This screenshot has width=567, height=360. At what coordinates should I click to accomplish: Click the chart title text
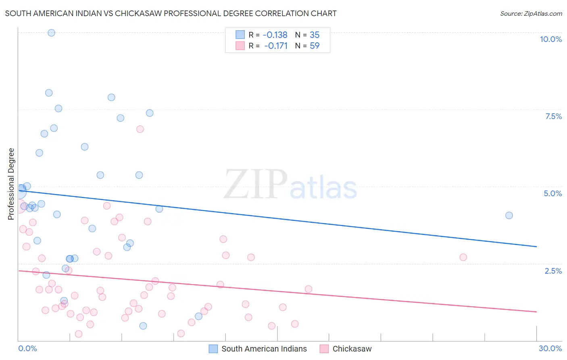(171, 13)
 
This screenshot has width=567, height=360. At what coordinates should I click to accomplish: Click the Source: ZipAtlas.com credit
(531, 13)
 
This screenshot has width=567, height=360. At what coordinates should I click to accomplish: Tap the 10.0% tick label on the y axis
(550, 39)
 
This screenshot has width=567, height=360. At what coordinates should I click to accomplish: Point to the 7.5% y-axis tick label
(553, 116)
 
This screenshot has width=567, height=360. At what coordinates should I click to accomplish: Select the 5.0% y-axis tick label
(552, 193)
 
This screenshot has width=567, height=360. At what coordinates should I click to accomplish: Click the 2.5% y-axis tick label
(553, 271)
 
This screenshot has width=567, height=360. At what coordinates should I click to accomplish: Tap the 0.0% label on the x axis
(27, 348)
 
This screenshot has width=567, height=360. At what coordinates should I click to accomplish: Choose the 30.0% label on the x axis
(550, 348)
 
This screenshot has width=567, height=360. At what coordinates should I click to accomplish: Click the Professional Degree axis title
(11, 184)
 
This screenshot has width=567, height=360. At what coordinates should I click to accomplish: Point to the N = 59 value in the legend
(307, 46)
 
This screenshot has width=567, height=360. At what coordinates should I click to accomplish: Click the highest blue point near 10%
(51, 33)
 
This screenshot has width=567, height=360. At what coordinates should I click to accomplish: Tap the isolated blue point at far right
(509, 216)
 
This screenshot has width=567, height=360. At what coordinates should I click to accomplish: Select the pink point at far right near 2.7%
(463, 257)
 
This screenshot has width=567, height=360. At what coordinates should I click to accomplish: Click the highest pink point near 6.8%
(140, 129)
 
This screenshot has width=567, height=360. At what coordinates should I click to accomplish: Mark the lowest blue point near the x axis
(143, 326)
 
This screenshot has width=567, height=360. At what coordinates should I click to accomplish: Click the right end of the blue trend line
(536, 246)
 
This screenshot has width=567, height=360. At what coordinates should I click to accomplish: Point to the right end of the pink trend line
(536, 312)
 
